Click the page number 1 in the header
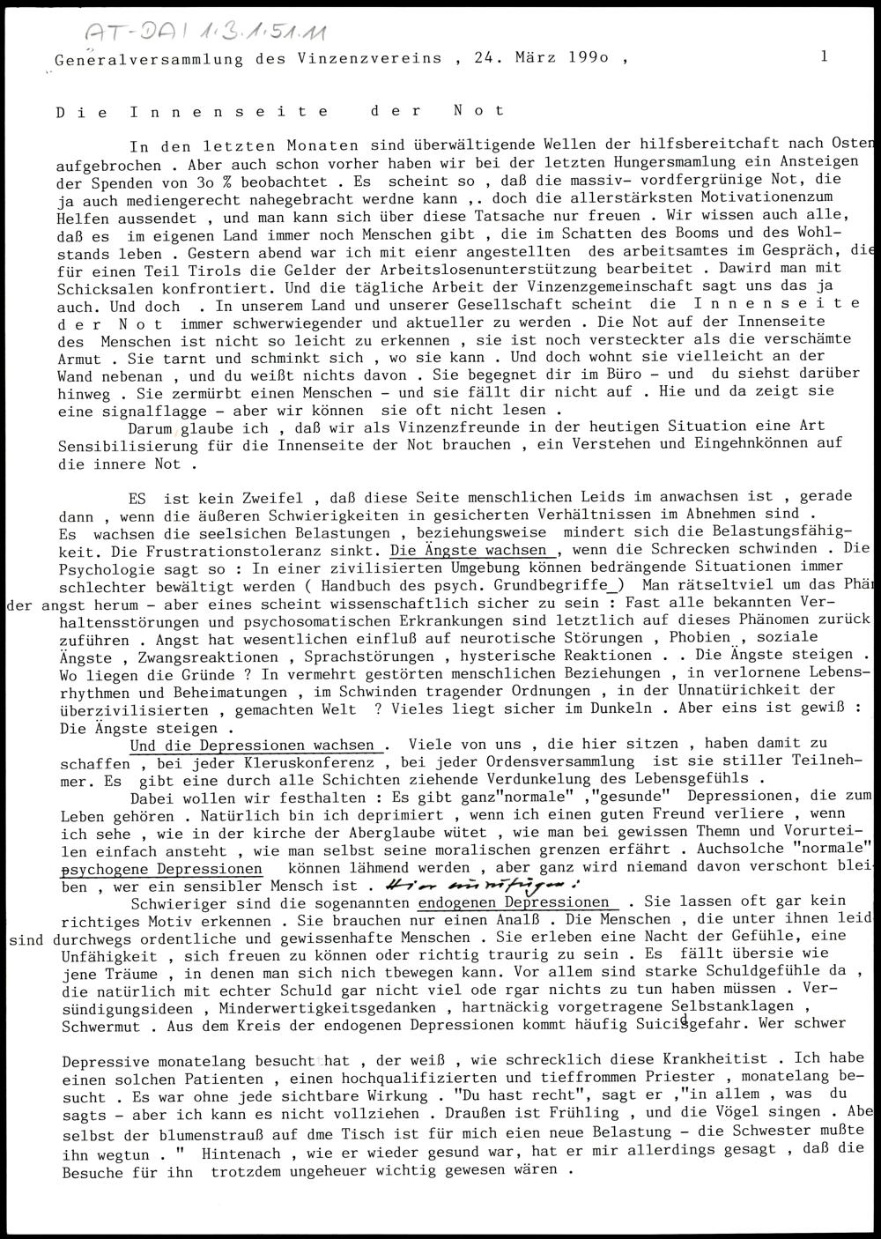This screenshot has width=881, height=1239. [x=823, y=56]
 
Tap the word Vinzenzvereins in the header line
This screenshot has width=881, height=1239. [x=375, y=59]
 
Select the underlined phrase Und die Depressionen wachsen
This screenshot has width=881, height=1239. [x=255, y=746]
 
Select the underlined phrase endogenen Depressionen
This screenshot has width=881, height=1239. [x=514, y=903]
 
